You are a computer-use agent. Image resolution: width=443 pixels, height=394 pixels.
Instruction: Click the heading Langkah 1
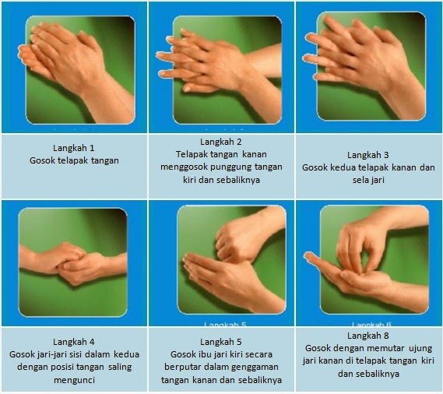74,148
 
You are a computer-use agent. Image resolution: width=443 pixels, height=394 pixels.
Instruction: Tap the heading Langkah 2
221,142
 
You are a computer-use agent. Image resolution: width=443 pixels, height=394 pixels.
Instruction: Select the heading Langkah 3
368,155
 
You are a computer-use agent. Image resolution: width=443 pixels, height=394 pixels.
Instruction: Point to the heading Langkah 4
74,342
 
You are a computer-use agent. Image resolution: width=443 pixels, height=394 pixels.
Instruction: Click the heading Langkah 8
368,336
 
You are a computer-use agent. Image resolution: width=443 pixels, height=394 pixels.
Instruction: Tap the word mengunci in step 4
74,380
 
